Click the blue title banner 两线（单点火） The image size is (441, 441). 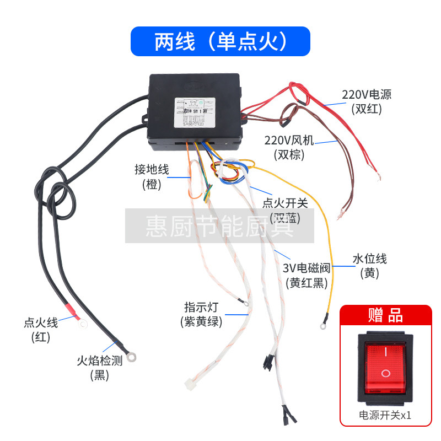point(220,41)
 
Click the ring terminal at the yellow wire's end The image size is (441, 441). point(322,326)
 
